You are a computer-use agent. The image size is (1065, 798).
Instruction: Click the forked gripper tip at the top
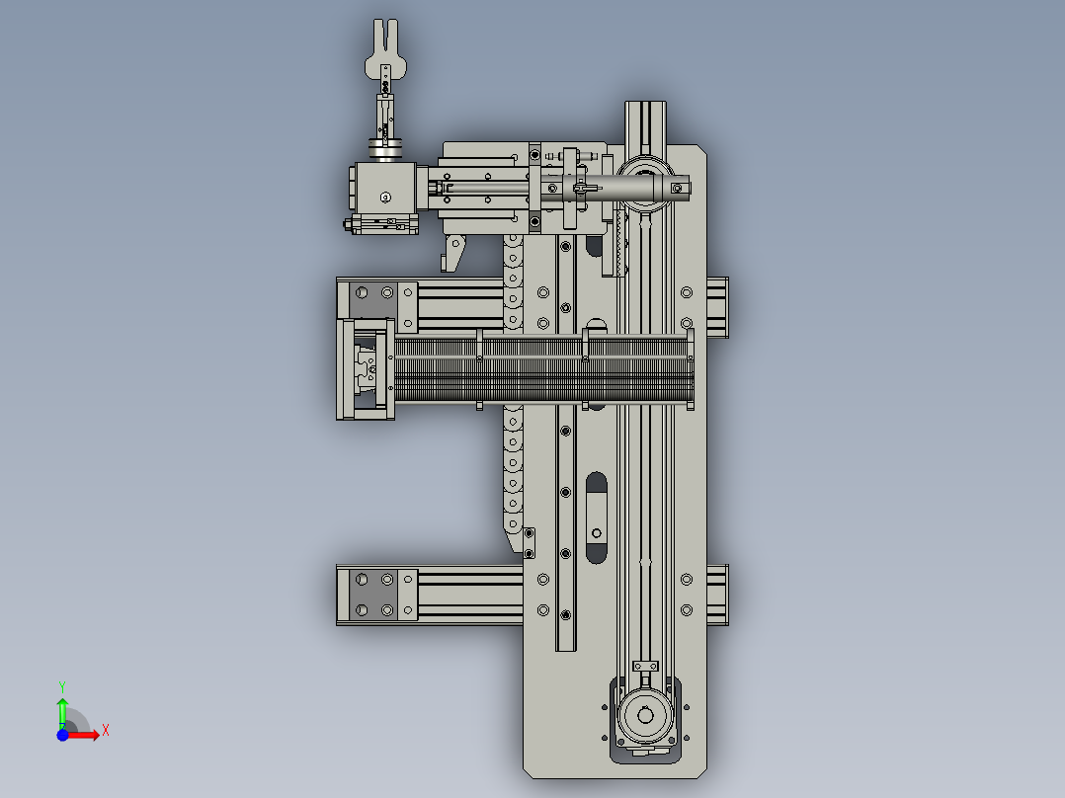[x=384, y=40]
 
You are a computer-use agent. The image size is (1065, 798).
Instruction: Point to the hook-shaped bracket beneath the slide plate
[x=452, y=251]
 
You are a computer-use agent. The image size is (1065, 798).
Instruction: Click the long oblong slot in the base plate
[x=596, y=517]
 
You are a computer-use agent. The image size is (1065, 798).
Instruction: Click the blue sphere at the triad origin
[x=62, y=734]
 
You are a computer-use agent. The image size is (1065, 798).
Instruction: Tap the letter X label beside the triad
[x=106, y=731]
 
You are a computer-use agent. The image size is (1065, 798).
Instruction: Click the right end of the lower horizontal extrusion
[x=718, y=595]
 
